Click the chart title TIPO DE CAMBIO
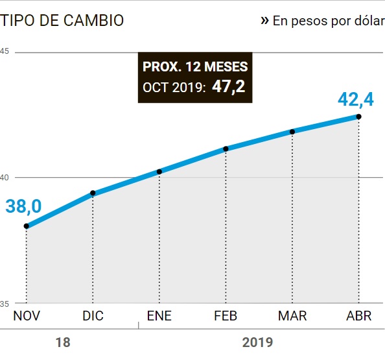point(62,20)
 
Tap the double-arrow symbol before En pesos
point(264,20)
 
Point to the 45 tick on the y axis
point(4,51)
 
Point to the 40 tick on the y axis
point(4,177)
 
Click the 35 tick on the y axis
point(4,303)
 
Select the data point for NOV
point(27,226)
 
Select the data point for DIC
point(93,193)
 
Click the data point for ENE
point(159,171)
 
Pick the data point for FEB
point(226,149)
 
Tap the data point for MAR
point(292,132)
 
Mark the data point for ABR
point(358,117)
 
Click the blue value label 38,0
point(23,206)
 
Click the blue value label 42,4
point(356,100)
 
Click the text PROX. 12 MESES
point(195,67)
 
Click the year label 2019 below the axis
point(257,342)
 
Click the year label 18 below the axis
point(63,342)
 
